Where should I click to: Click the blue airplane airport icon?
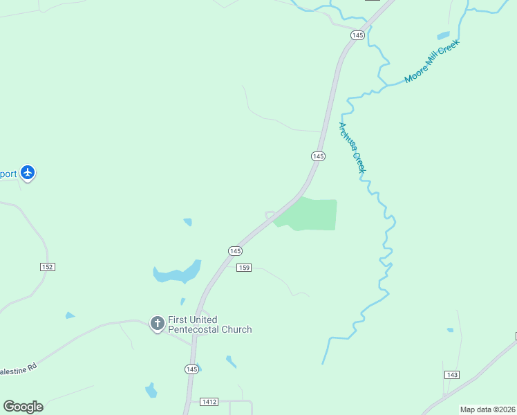28,172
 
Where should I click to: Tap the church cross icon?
158,323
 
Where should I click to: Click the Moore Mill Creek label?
431,62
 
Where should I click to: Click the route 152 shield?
47,266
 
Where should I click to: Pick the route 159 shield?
243,268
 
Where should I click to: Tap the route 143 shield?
452,374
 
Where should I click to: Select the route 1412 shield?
209,402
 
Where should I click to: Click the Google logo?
23,406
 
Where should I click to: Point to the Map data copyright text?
487,409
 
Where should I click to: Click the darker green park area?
310,214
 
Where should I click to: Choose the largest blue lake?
176,273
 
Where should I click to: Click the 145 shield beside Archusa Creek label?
317,156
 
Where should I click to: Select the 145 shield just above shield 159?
235,250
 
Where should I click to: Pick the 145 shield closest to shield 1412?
191,369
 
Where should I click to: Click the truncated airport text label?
8,174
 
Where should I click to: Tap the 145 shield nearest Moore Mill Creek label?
357,35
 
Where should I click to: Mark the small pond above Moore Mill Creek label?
443,35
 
